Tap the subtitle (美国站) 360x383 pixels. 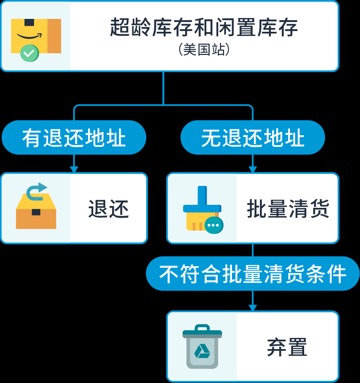click(x=204, y=50)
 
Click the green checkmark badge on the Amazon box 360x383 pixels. click(x=29, y=53)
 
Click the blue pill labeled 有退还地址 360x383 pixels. click(x=74, y=138)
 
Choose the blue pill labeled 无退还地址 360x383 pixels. click(x=253, y=138)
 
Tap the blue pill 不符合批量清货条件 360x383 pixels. click(x=253, y=274)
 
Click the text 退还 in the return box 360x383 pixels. click(x=108, y=209)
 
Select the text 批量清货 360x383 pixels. click(x=288, y=209)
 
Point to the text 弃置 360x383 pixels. click(x=287, y=347)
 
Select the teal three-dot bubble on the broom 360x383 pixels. click(x=214, y=225)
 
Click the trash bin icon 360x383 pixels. click(x=202, y=347)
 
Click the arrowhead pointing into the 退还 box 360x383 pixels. click(x=74, y=169)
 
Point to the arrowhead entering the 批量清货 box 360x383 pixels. click(x=253, y=169)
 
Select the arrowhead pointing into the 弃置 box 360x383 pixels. click(x=253, y=307)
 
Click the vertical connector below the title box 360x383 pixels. click(x=163, y=88)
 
